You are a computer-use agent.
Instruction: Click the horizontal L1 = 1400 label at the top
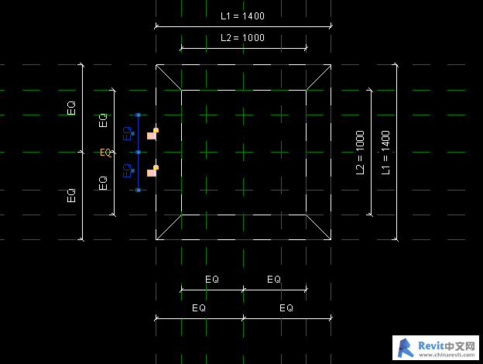[242, 16]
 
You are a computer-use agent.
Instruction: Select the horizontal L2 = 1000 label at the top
[242, 38]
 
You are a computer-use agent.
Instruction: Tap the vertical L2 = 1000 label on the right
[360, 153]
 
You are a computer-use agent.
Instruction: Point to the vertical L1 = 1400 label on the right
[385, 153]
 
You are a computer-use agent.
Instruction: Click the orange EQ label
[105, 153]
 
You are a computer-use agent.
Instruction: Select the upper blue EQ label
[127, 133]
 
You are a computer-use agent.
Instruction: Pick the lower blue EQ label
[127, 170]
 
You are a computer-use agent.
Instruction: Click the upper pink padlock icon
[152, 134]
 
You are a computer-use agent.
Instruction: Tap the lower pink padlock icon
[152, 171]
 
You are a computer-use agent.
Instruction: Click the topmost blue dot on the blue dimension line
[139, 115]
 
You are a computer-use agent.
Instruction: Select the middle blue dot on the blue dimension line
[139, 153]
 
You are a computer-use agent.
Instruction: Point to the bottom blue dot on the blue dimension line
[139, 191]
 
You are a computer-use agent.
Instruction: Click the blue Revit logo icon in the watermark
[406, 348]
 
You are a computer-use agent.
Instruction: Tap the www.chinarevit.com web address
[447, 355]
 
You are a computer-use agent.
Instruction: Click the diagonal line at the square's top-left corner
[169, 77]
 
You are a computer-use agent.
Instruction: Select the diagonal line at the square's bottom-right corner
[318, 227]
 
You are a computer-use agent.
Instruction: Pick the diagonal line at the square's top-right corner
[318, 77]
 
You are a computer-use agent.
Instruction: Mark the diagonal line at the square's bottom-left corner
[169, 227]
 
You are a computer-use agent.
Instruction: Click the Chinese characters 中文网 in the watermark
[460, 346]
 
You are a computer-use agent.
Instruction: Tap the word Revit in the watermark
[431, 346]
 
